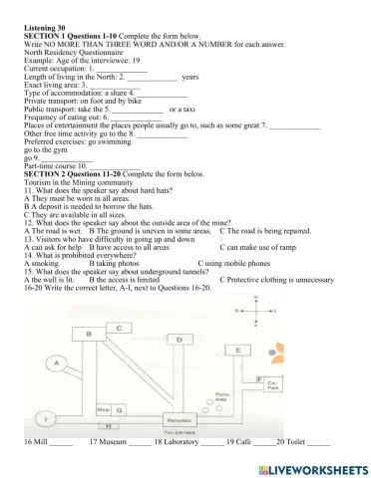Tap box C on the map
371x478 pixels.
point(120,327)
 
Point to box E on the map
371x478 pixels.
point(239,350)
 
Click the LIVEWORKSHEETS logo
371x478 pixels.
point(305,467)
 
